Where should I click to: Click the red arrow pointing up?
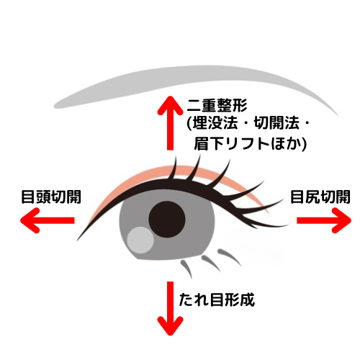coord(170,123)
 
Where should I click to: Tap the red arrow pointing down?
coord(170,308)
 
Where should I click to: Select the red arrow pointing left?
coord(48,220)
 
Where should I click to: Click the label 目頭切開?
coord(51,197)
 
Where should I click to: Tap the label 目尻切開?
coord(320,197)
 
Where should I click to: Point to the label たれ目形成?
coord(217,300)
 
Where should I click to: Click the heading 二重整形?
coord(217,105)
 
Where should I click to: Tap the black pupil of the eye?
coord(167,219)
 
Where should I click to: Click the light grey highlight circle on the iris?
coord(140,240)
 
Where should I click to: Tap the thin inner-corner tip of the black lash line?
coord(77,240)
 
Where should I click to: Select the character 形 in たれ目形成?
coord(232,300)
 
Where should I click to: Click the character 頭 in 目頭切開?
coord(44,197)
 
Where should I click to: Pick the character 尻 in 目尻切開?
coord(312,197)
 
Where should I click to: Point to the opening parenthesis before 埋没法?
coord(189,124)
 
